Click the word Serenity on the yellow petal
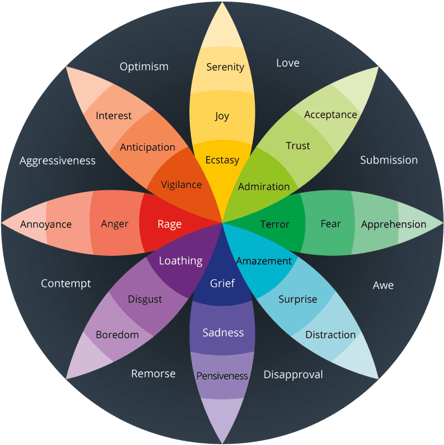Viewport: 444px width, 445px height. [x=225, y=67]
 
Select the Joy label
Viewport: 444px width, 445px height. [x=222, y=116]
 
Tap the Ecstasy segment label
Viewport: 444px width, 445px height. [x=222, y=160]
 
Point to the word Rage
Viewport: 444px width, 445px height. [x=169, y=224]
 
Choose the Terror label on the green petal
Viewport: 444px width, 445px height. [x=275, y=224]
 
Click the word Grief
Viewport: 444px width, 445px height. [x=222, y=283]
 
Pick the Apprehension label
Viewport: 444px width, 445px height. [x=393, y=224]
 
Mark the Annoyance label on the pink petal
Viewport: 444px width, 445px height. [x=46, y=224]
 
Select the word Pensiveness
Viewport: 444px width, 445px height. [x=222, y=376]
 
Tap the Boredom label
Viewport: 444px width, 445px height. [x=117, y=334]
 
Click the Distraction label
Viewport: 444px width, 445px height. [x=331, y=334]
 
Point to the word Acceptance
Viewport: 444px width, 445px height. [x=331, y=114]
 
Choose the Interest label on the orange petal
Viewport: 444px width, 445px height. [x=114, y=116]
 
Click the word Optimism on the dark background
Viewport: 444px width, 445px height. [x=144, y=67]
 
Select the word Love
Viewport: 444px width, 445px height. [x=288, y=63]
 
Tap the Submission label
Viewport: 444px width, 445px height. [x=389, y=160]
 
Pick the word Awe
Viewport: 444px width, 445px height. [x=383, y=285]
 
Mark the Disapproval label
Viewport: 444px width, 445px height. [x=293, y=375]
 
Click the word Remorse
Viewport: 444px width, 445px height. [x=154, y=373]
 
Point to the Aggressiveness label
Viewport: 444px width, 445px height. [x=58, y=161]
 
